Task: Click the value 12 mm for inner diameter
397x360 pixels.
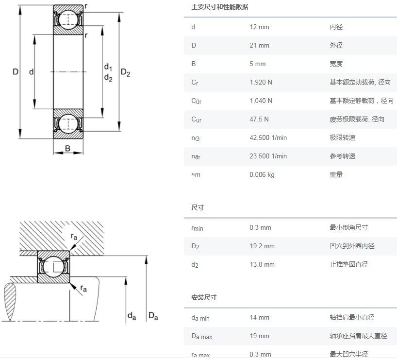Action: tap(259, 27)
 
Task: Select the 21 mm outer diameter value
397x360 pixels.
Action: tap(259, 46)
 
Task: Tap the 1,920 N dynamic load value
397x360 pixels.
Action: tap(261, 83)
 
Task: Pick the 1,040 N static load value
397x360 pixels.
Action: tap(261, 101)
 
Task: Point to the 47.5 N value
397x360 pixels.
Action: tap(259, 120)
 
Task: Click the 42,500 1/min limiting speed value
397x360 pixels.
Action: tap(268, 138)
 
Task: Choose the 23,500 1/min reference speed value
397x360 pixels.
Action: tap(268, 156)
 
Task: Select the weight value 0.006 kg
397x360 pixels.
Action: tap(262, 175)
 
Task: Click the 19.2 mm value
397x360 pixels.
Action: tap(262, 246)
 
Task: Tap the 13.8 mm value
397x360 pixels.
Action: tap(262, 265)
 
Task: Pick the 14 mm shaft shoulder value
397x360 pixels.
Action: tap(259, 318)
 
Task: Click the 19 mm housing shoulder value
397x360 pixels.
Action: tap(259, 336)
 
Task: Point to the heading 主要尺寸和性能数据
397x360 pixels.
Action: tap(219, 7)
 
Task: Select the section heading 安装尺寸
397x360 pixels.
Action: tap(204, 297)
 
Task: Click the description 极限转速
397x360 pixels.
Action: tap(343, 138)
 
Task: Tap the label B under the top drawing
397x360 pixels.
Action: tap(67, 148)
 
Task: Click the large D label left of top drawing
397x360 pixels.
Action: tap(16, 72)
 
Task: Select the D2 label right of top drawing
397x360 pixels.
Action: tap(125, 73)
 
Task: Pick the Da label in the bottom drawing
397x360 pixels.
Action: tap(153, 317)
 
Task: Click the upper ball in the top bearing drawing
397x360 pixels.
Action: tap(68, 19)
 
